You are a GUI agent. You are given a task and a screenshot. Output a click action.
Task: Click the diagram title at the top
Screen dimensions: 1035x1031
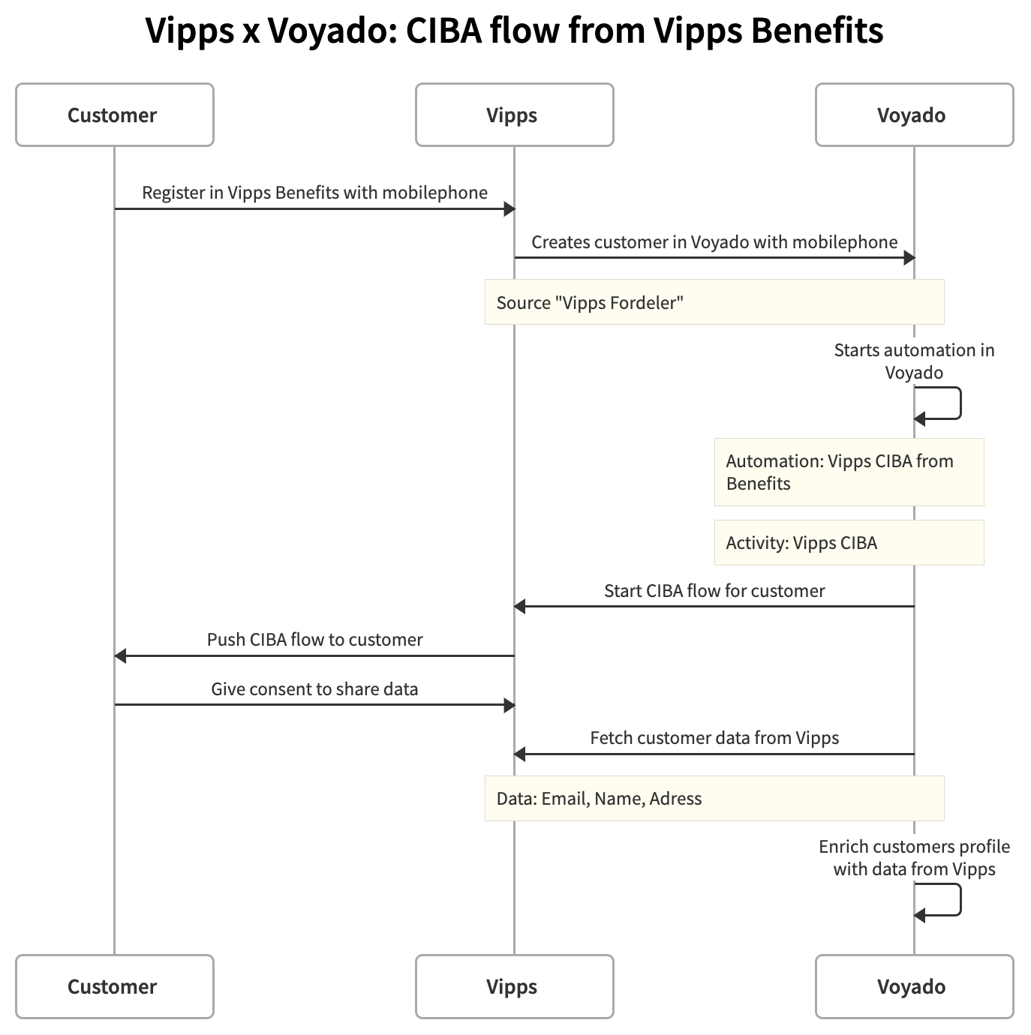(x=515, y=31)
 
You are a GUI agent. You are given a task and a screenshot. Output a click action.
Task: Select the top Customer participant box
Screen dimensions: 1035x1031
(x=114, y=115)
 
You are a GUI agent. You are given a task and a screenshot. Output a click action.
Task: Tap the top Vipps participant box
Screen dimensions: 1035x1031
(x=514, y=115)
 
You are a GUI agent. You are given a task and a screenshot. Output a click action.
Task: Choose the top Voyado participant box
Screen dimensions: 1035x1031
(x=913, y=115)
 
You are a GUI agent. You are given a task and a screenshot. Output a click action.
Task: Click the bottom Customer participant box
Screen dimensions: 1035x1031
(x=114, y=986)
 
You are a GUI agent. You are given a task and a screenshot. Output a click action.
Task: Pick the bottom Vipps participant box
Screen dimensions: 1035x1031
(x=514, y=986)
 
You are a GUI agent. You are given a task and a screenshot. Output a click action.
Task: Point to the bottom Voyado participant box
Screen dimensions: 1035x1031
(x=913, y=986)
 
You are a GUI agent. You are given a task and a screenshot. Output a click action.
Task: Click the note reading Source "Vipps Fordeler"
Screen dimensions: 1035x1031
(x=714, y=302)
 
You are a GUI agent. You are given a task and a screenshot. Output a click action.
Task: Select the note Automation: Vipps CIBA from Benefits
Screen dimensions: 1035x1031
(x=848, y=472)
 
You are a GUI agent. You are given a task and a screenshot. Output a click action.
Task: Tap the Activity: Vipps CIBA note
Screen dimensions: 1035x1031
(x=848, y=542)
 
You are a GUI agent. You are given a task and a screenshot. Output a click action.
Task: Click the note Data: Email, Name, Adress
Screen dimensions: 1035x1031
(x=714, y=798)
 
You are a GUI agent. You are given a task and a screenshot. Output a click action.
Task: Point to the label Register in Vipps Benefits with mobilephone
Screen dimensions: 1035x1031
(x=314, y=193)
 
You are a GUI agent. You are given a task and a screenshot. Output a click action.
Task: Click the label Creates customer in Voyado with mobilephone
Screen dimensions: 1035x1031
(x=714, y=242)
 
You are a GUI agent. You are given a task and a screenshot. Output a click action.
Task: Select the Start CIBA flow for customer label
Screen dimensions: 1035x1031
(x=714, y=591)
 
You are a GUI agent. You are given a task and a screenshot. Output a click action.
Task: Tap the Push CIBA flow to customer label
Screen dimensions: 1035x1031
(x=314, y=640)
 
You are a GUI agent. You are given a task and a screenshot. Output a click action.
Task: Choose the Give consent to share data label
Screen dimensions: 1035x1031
(x=314, y=689)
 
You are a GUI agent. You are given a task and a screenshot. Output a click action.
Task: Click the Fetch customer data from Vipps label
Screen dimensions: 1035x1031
(x=714, y=738)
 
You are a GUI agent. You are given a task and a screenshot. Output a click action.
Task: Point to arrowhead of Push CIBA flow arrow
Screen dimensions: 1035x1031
(x=121, y=656)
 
